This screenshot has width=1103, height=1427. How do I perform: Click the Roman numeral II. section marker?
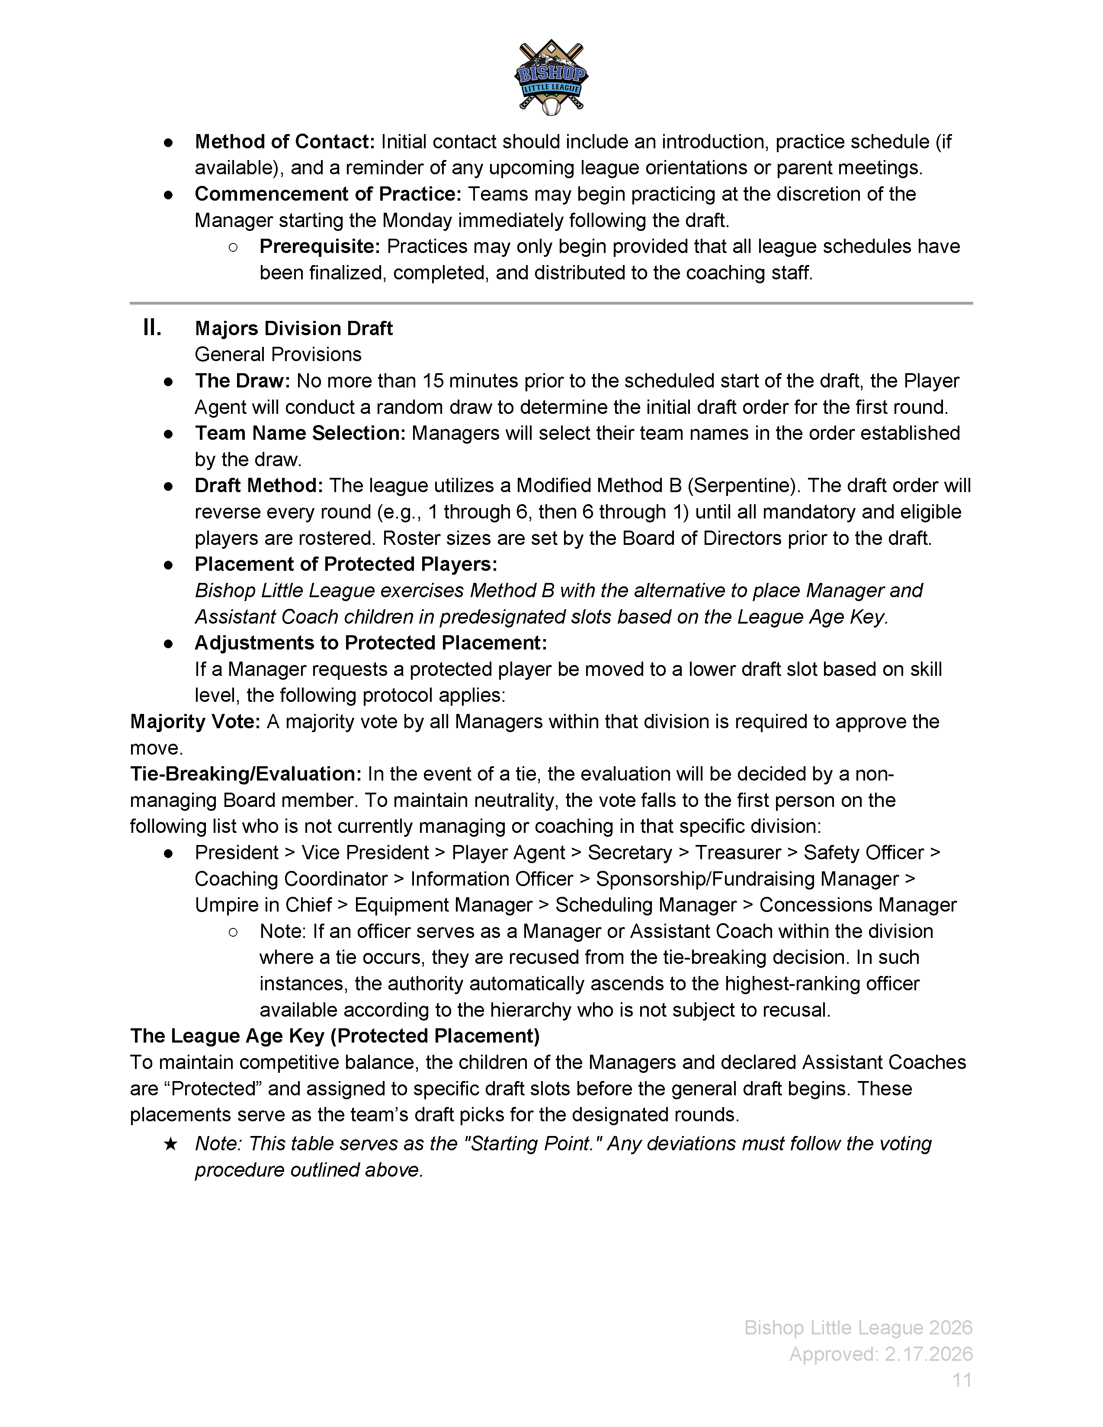click(x=152, y=328)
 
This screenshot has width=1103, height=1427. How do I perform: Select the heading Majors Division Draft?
click(x=293, y=328)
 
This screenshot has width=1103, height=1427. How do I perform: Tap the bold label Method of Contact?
click(x=284, y=142)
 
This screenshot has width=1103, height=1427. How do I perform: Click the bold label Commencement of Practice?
click(x=328, y=194)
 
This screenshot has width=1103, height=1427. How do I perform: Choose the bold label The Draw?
click(x=242, y=381)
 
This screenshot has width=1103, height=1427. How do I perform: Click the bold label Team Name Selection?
click(x=300, y=433)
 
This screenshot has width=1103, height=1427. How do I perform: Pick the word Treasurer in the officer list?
click(x=738, y=853)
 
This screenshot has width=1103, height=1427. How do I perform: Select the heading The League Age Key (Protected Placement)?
click(x=334, y=1036)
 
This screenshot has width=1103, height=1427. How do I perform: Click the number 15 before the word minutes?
click(x=433, y=381)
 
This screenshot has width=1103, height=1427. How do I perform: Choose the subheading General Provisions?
click(x=278, y=355)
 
